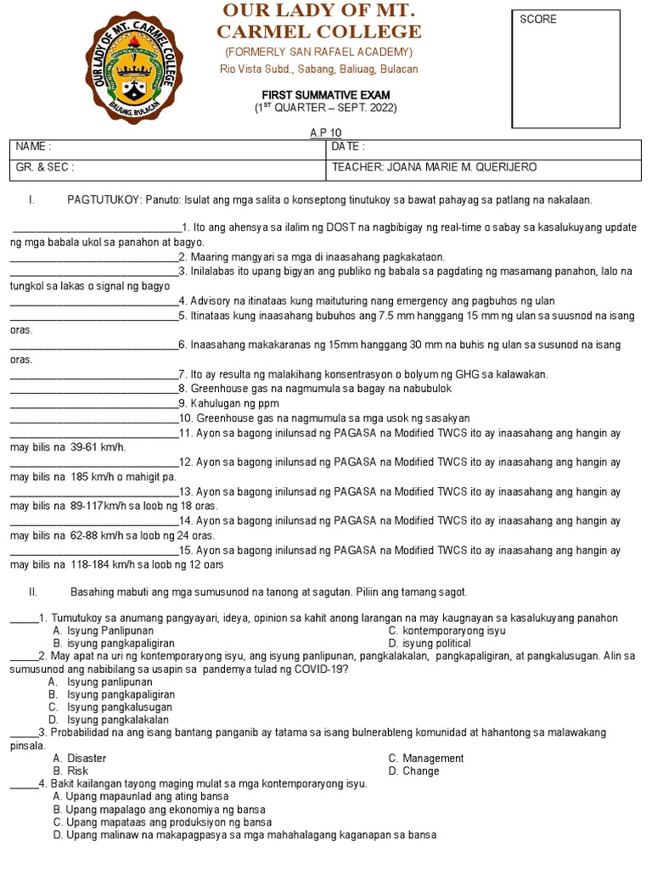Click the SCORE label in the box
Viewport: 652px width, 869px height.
(x=538, y=20)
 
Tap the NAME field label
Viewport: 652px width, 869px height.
(x=33, y=147)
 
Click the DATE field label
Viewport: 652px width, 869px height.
(x=348, y=147)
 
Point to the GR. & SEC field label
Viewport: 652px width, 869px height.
(x=44, y=167)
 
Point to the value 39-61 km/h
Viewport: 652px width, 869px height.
(x=98, y=446)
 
